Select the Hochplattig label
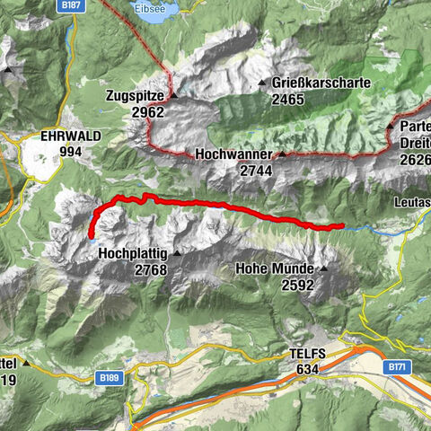point(133,254)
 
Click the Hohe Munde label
point(275,268)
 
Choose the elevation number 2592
point(297,284)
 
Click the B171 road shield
point(399,367)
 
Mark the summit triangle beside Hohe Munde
point(323,268)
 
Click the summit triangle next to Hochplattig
point(177,254)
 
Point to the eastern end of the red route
point(341,226)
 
